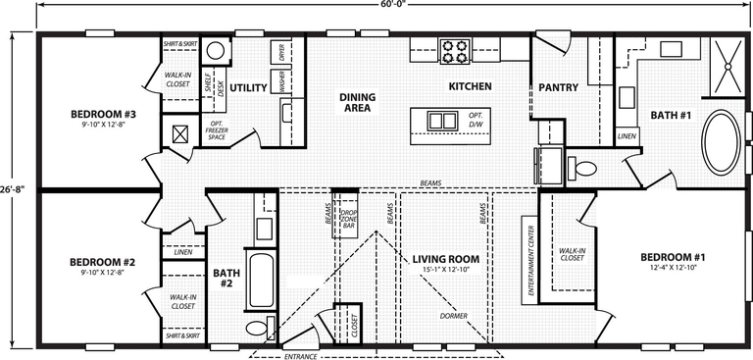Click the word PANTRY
pyautogui.click(x=558, y=87)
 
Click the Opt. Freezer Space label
pyautogui.click(x=217, y=130)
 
